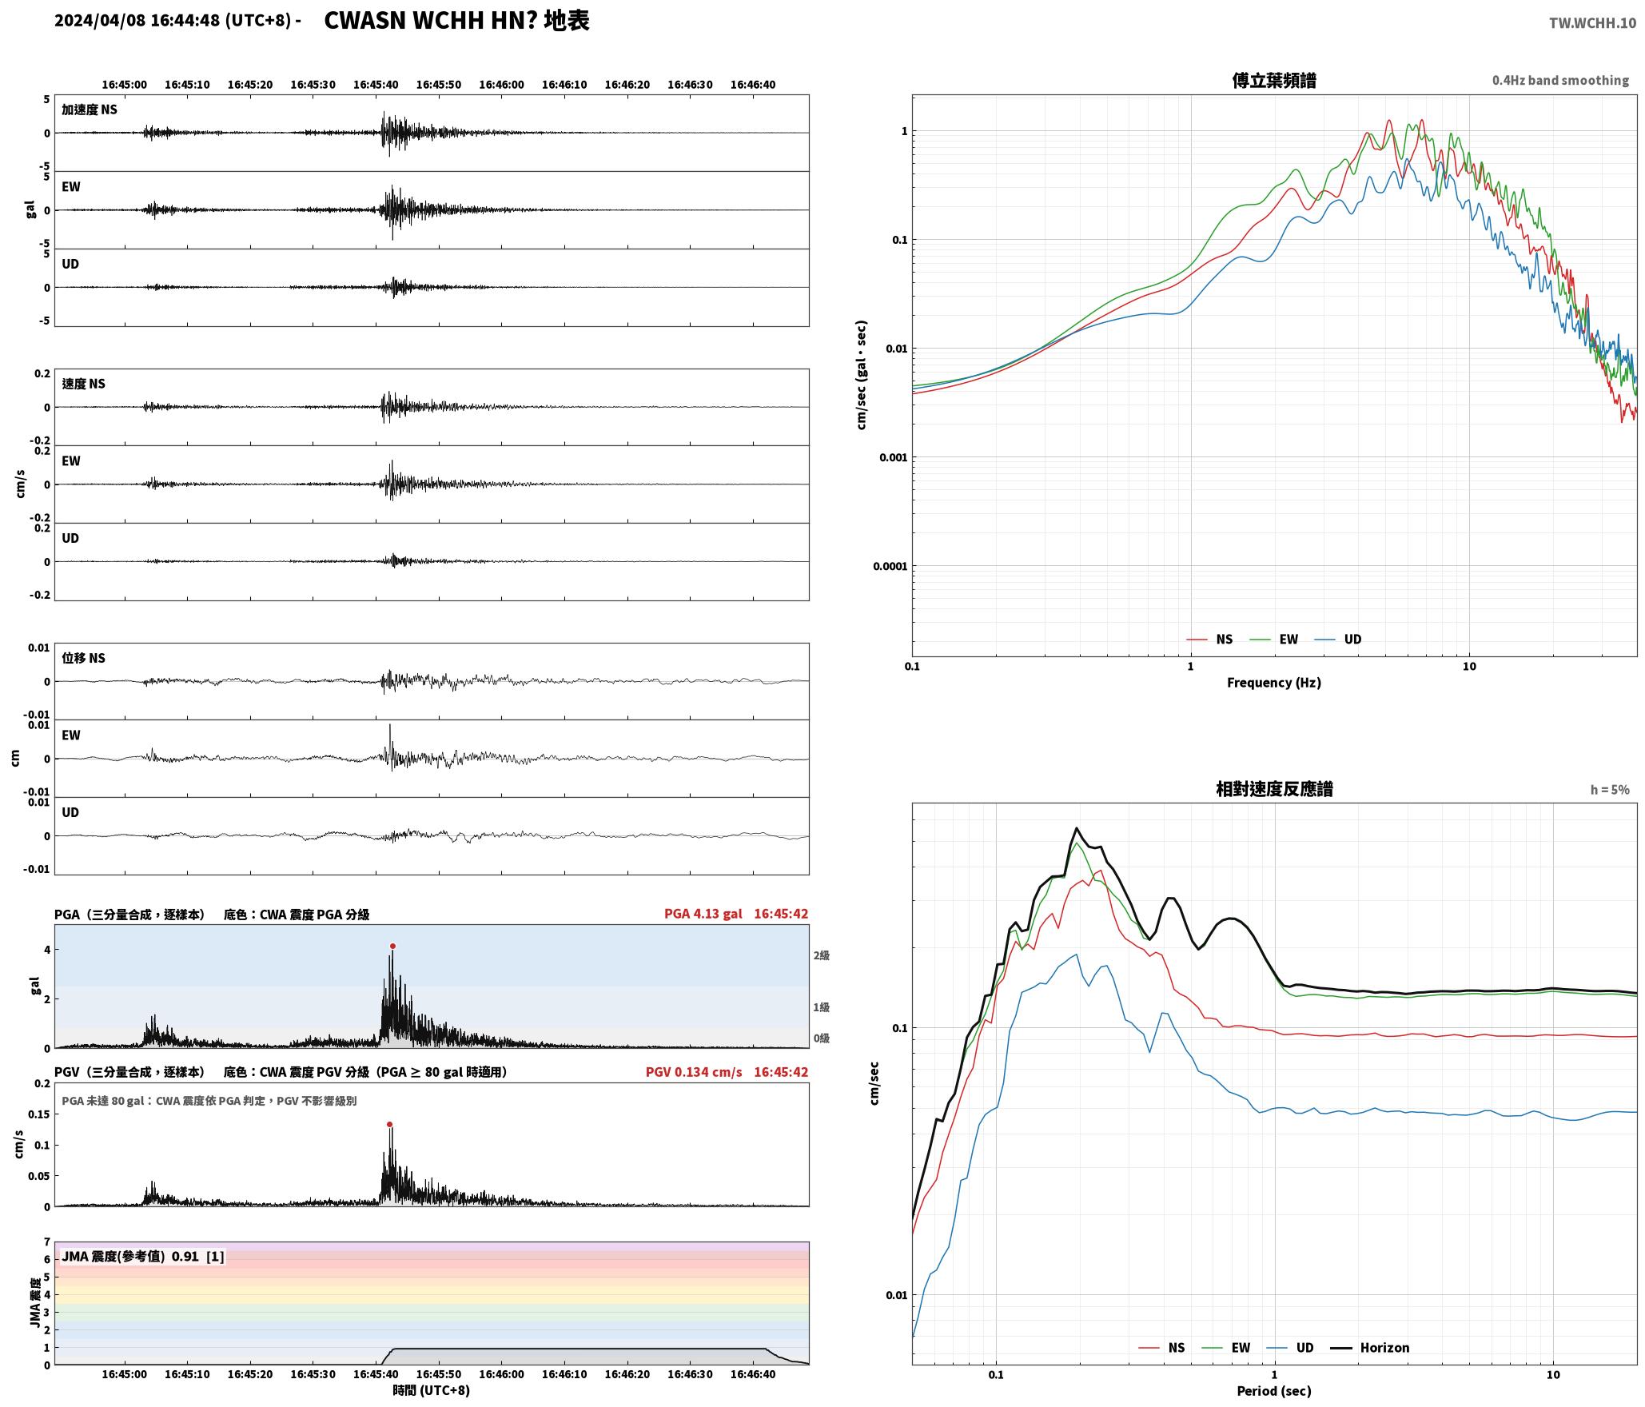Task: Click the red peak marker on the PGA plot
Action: (392, 946)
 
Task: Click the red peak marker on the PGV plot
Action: (389, 1124)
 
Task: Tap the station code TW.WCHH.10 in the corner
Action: (1592, 23)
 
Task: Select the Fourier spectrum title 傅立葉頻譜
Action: (1274, 80)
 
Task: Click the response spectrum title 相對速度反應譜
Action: (1274, 789)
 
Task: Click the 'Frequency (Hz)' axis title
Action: (1274, 683)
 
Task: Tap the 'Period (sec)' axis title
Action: (1274, 1391)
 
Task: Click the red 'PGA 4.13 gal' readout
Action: (703, 914)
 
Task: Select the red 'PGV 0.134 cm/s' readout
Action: (694, 1072)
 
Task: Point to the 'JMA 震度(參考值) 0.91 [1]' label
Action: (143, 1256)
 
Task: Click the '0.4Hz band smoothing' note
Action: (1560, 81)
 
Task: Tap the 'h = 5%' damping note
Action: (1610, 790)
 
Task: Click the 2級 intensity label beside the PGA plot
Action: (822, 955)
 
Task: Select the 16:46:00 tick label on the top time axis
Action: (502, 85)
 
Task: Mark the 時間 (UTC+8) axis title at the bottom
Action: (432, 1390)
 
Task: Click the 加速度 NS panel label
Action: (90, 110)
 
